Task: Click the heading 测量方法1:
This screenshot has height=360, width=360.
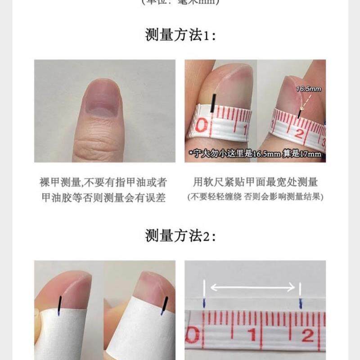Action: [x=180, y=35]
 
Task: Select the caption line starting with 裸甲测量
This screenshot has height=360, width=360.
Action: [x=104, y=182]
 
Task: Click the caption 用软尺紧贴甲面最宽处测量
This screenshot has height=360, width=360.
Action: [x=255, y=182]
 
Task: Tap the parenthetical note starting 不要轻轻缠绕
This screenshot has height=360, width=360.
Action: [x=255, y=197]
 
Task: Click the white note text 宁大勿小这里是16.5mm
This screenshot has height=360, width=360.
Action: [x=255, y=154]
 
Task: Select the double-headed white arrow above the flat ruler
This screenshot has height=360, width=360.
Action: [x=253, y=286]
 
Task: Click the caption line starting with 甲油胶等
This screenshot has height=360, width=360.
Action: [x=104, y=197]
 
